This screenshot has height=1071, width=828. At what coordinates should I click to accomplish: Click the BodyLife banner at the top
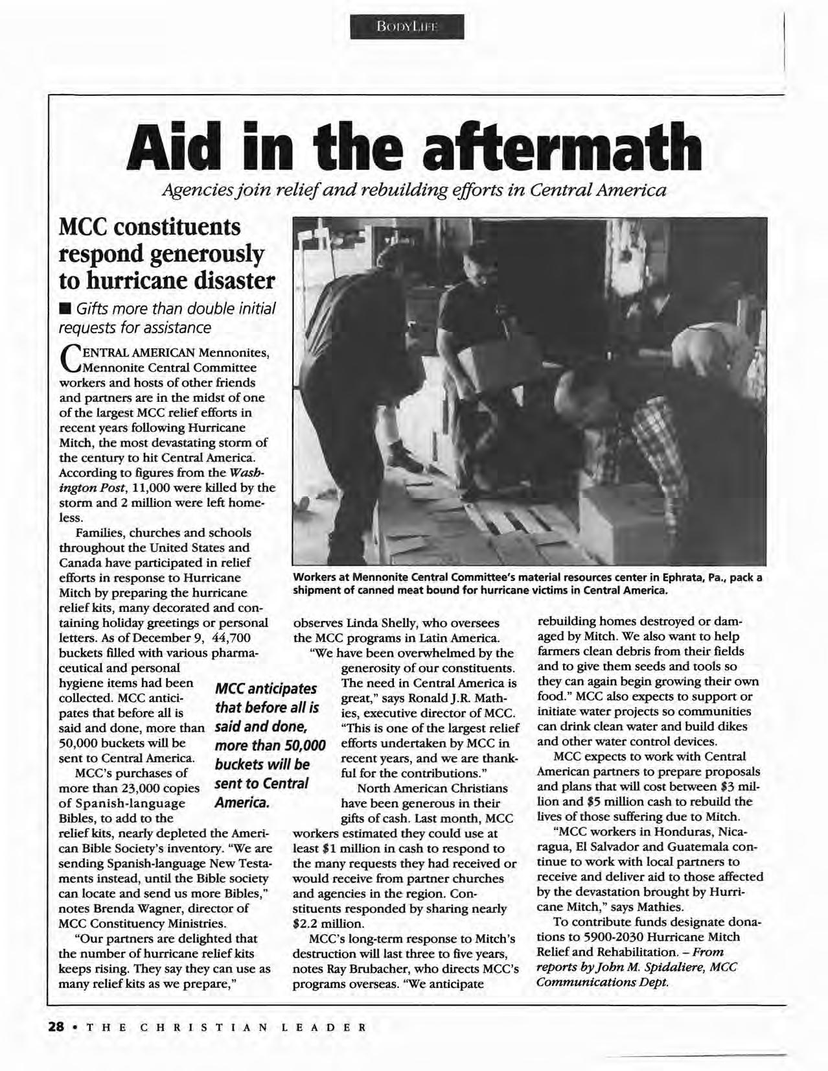pyautogui.click(x=406, y=27)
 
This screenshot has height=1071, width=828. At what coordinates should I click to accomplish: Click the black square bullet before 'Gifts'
pyautogui.click(x=65, y=307)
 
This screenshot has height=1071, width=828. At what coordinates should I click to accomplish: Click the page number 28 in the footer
pyautogui.click(x=56, y=1027)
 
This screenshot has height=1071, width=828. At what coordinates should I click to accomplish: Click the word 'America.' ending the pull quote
pyautogui.click(x=241, y=803)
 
